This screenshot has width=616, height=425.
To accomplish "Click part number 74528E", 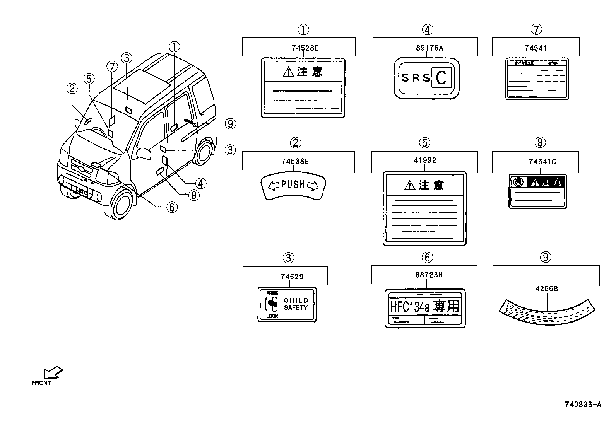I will point(305,48).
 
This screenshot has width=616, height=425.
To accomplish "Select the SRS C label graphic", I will point(426,78).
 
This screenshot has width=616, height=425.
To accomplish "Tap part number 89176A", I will point(429,48).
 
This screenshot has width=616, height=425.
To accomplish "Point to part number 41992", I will point(424,160).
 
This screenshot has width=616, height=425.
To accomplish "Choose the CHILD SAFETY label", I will point(287,304).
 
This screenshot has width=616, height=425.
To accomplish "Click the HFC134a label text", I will point(424,307).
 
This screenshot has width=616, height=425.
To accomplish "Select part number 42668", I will point(546,288).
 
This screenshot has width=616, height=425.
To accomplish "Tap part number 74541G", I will point(542,162).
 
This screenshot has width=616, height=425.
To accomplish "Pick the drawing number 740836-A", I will point(583,405).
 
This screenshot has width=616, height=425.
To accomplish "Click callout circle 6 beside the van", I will point(171,207).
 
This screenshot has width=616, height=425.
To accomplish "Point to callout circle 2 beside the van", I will point(72,89).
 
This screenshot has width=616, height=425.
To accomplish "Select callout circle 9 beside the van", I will point(230,124).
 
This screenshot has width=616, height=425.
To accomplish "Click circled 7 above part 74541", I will point(536,29).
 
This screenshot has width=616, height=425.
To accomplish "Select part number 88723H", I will point(429,275).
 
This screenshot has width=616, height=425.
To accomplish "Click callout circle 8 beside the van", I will point(193,195).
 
